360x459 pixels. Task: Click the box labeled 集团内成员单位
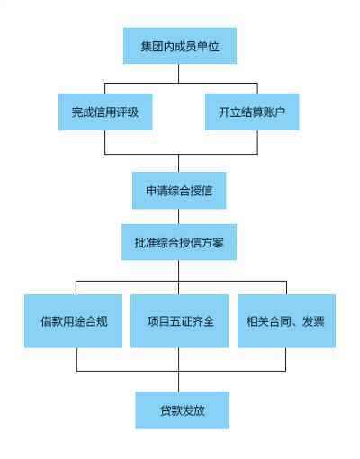tap(180, 46)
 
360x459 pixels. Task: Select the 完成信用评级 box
tap(105, 112)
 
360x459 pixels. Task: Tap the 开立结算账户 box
tap(252, 112)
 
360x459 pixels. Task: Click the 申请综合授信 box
tap(179, 191)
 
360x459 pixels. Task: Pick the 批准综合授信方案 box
tap(179, 242)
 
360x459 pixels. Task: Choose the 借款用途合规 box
tap(73, 321)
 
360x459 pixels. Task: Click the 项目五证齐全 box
tap(179, 321)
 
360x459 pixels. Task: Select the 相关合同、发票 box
tap(286, 321)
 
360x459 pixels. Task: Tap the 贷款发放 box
tap(183, 410)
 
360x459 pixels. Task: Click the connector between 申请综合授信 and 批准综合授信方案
tap(179, 217)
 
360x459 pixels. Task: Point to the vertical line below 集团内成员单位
tap(179, 73)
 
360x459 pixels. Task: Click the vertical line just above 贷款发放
tap(179, 382)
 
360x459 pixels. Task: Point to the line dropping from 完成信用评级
tap(104, 142)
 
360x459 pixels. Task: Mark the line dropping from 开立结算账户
tap(257, 142)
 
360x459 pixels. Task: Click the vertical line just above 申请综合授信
tap(179, 163)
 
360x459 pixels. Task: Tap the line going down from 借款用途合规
tap(76, 359)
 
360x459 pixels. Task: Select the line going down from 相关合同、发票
tap(285, 359)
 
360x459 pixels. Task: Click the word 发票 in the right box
tap(313, 321)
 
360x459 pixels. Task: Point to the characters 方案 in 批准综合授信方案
tap(212, 242)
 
